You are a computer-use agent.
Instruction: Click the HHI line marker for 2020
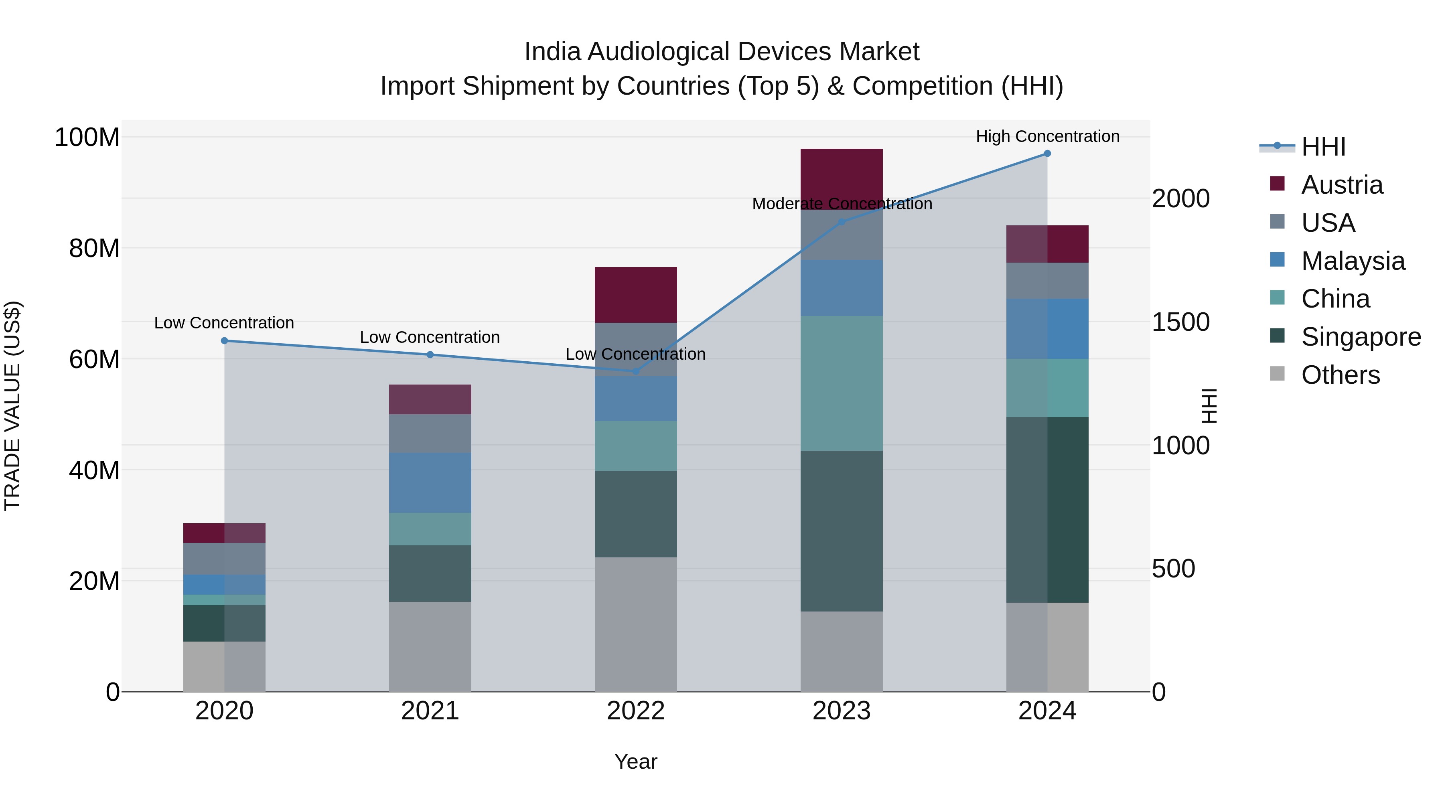coord(224,341)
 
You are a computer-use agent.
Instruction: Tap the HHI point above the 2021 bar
coord(430,355)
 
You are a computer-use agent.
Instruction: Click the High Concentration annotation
coord(1047,136)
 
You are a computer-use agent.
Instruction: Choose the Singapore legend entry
coord(1361,337)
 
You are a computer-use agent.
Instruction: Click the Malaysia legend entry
coord(1353,261)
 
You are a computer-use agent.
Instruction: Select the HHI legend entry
coord(1323,147)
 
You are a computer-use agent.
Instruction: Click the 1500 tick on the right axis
coord(1180,322)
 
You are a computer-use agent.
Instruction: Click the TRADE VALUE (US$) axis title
coord(12,406)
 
